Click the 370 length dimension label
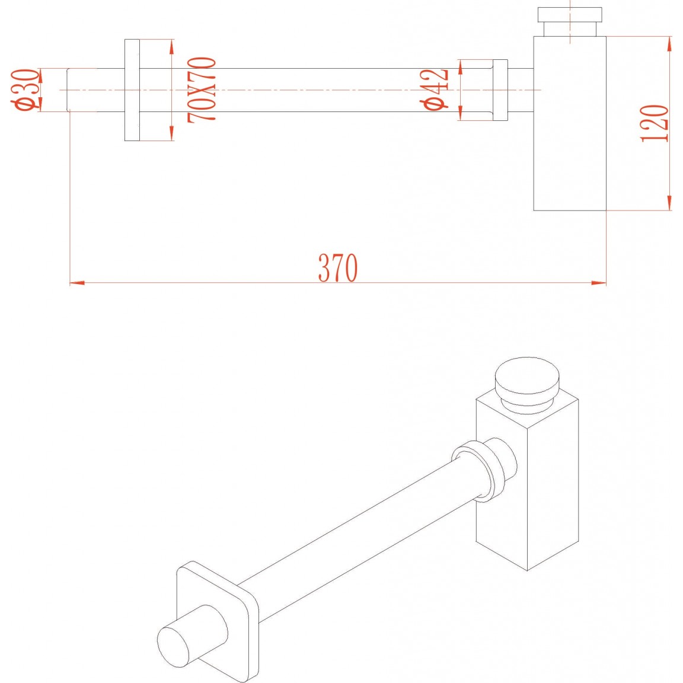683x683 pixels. coord(338,267)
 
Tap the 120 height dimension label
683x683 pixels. coord(655,124)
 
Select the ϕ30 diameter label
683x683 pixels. coord(25,90)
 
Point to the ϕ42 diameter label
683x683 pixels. coord(434,90)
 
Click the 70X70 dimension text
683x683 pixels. coord(202,90)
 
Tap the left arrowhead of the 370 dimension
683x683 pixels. coord(77,283)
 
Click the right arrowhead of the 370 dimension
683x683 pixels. coord(599,283)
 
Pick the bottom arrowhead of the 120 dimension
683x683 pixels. coord(669,203)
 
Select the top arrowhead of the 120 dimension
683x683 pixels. coord(669,44)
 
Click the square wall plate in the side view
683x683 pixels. coord(132,90)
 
